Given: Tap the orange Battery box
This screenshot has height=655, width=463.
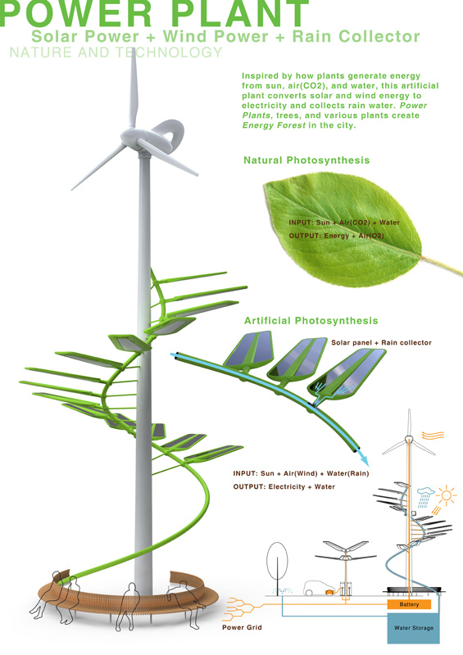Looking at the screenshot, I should click(409, 604).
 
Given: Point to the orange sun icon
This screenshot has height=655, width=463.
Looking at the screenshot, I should click(447, 495).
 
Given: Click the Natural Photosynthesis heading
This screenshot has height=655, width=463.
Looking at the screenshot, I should click(306, 160).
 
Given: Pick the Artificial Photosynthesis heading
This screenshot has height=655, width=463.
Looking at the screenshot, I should click(311, 320).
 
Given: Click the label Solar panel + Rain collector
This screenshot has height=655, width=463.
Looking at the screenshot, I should click(381, 342).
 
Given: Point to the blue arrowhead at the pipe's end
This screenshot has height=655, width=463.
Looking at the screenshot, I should click(361, 459).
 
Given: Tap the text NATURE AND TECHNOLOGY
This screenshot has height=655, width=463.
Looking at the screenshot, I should click(116, 53).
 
